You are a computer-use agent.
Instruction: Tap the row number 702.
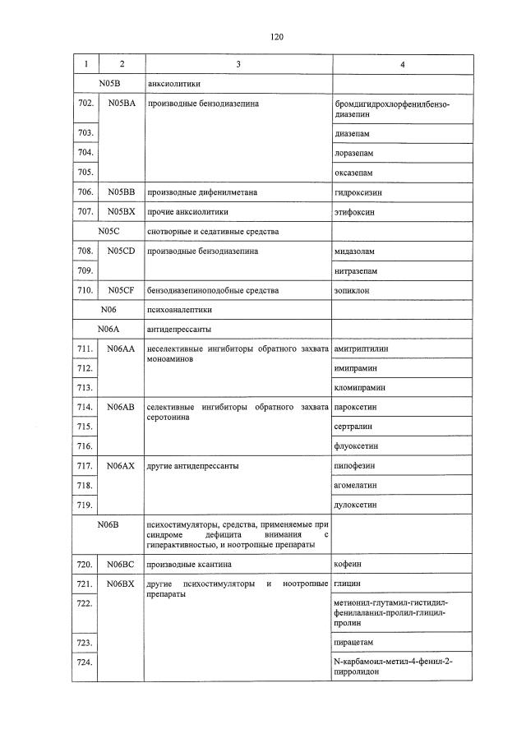pos(84,105)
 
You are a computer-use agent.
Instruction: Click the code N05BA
pos(121,105)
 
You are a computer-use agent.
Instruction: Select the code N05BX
pos(121,212)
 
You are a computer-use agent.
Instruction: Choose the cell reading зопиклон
pos(353,290)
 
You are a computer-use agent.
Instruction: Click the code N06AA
pos(121,349)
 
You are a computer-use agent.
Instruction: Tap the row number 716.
pos(84,445)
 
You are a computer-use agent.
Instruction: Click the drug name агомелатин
pos(358,485)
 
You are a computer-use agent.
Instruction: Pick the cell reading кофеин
pos(348,565)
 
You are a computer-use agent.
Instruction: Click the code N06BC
pos(121,565)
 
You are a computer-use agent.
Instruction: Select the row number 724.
pos(84,662)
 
